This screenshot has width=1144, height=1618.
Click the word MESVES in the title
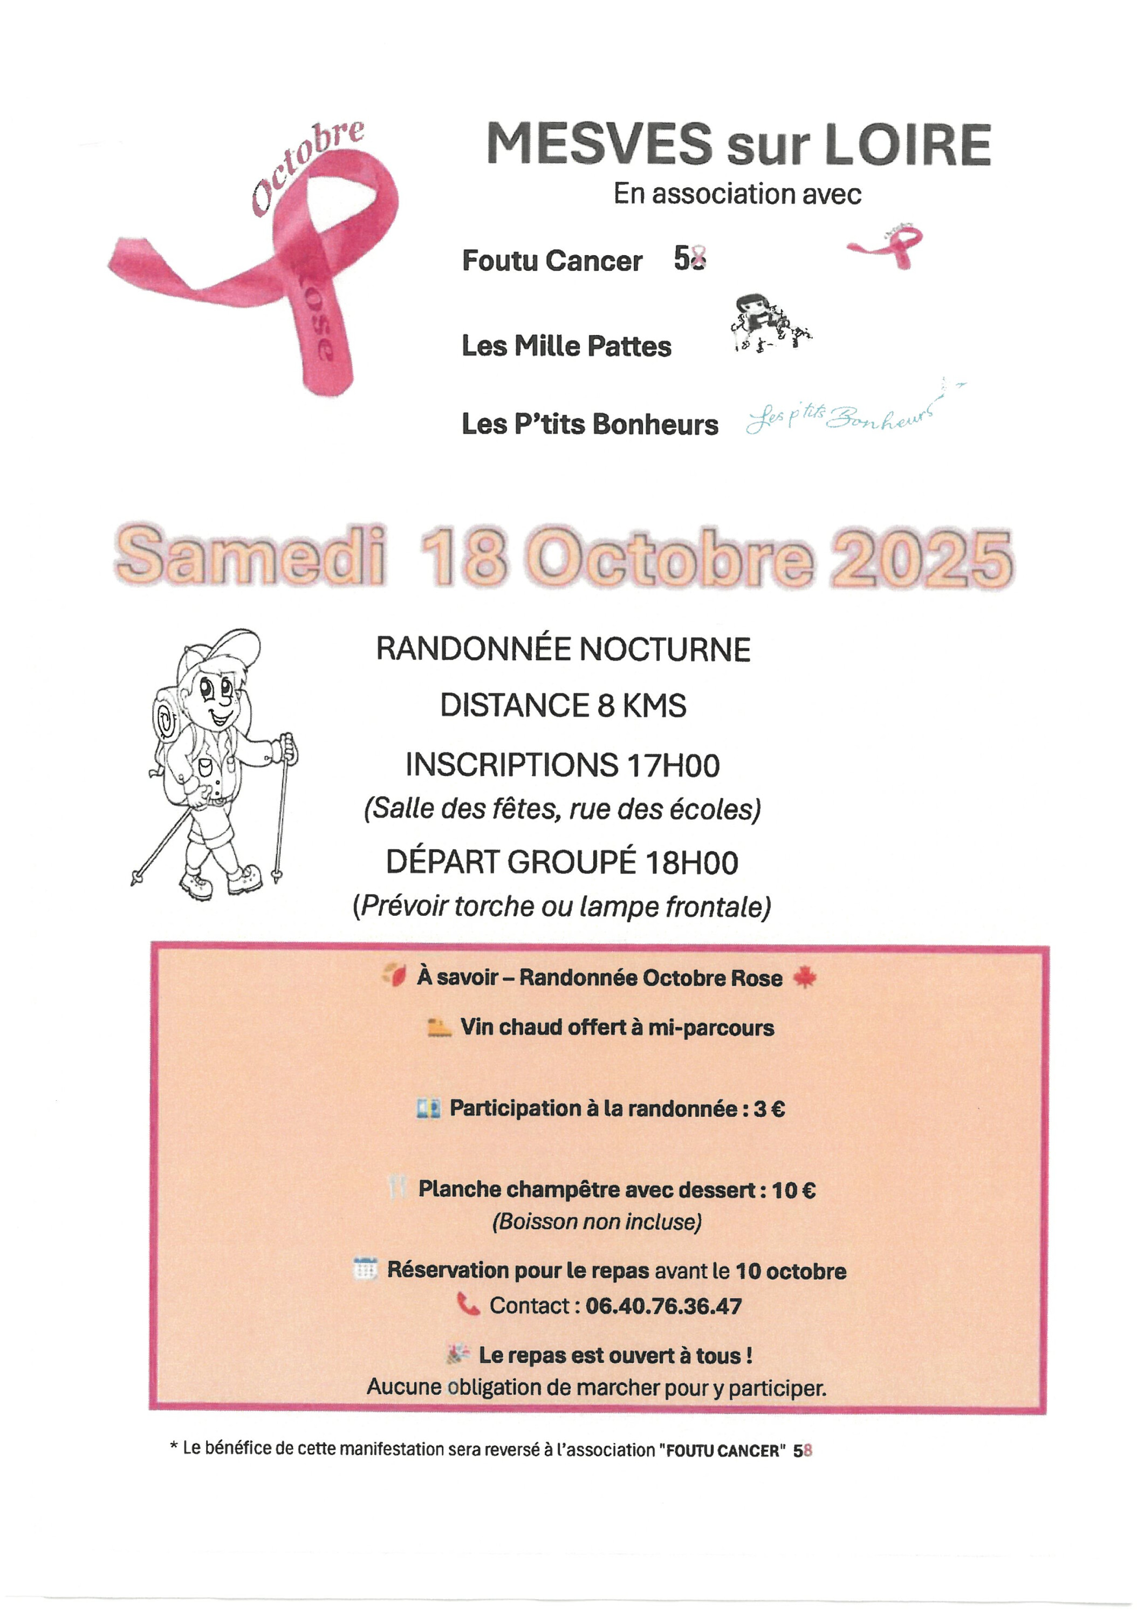tap(599, 144)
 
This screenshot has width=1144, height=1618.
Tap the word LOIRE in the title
tap(907, 145)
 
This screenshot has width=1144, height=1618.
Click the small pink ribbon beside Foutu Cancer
tap(887, 246)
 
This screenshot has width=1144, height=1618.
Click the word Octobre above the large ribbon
tap(307, 165)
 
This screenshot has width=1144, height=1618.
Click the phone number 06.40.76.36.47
tap(663, 1306)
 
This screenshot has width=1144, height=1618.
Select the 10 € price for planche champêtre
tap(794, 1190)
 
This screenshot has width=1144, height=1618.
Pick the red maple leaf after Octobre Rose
tap(804, 977)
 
